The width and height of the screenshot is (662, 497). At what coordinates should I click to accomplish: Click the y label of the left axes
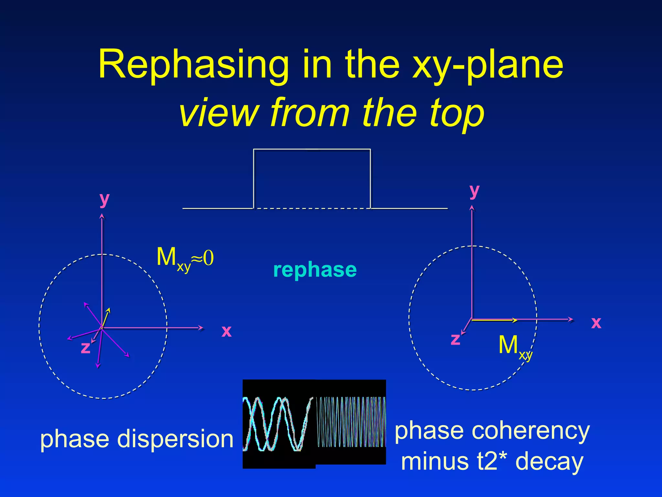click(x=104, y=199)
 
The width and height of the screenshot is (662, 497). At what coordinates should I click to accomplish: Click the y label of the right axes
click(x=474, y=191)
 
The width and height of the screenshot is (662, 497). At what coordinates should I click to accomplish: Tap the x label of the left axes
click(x=226, y=331)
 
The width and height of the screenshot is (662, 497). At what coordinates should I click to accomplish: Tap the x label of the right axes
click(x=596, y=323)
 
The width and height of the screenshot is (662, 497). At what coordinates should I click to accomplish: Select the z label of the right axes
click(x=455, y=339)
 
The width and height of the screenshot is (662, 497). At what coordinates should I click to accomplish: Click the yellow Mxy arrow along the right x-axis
click(x=495, y=320)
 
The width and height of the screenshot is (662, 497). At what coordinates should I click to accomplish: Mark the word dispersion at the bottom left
click(x=175, y=439)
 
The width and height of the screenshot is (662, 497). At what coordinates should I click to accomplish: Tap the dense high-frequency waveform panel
click(x=351, y=422)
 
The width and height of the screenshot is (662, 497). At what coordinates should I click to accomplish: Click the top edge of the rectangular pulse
click(x=312, y=149)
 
